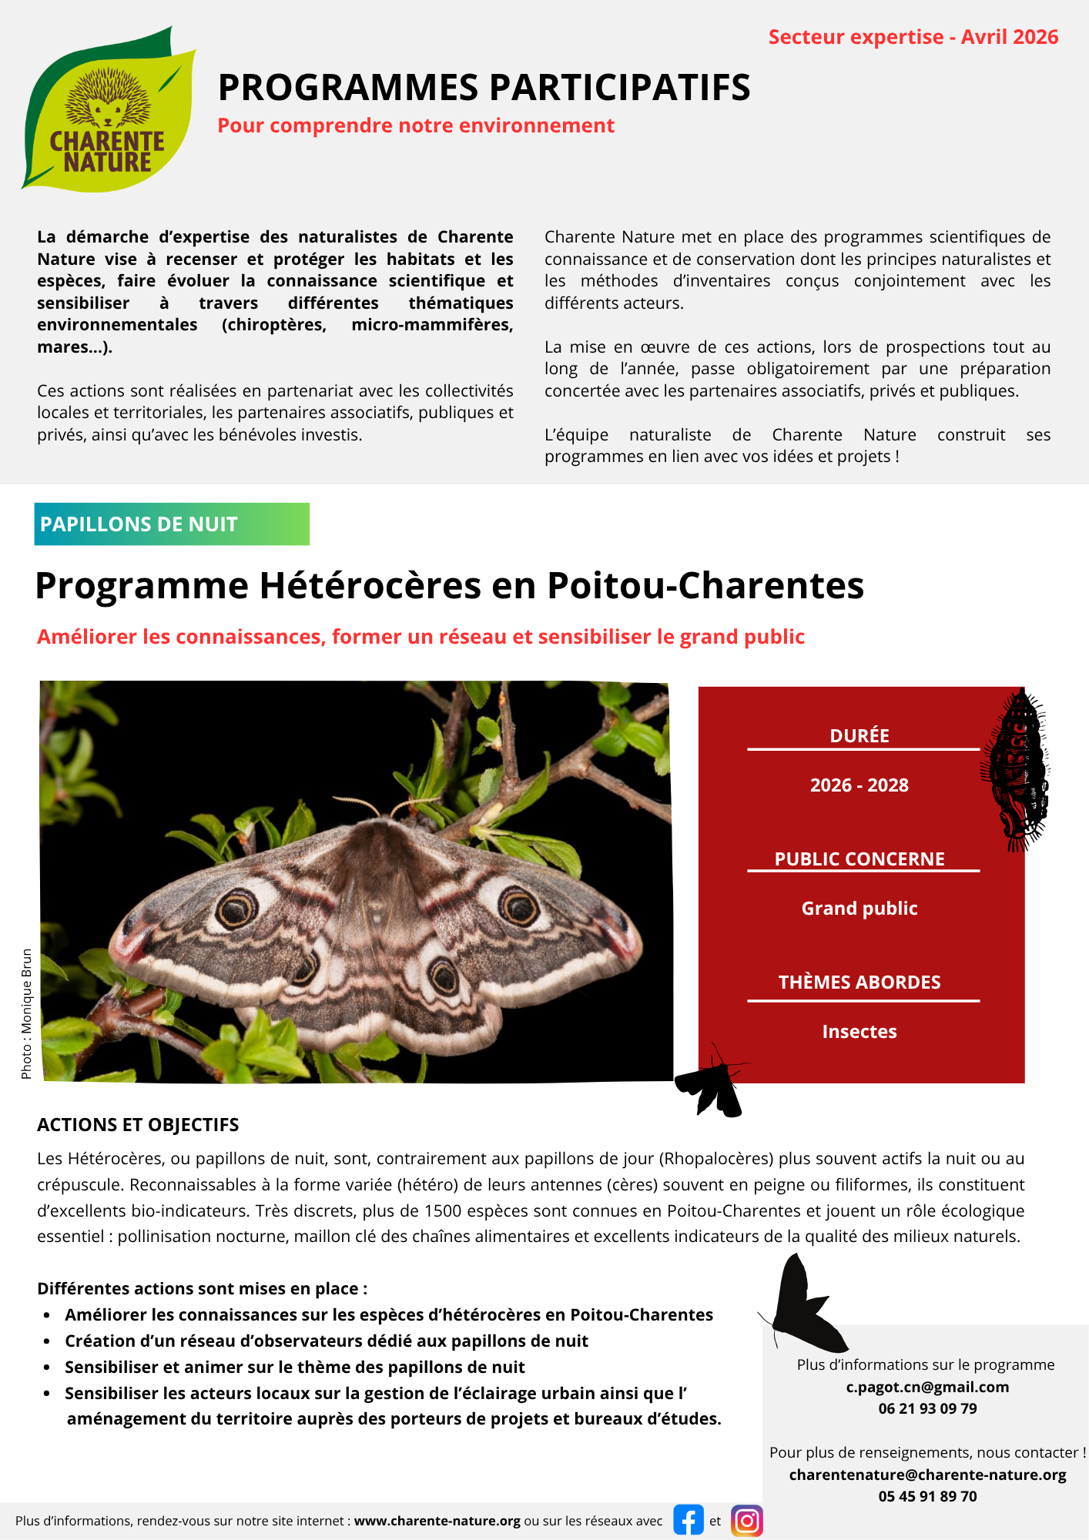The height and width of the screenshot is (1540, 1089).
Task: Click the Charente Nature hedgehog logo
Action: point(108,112)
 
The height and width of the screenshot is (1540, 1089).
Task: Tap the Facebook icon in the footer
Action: point(689,1520)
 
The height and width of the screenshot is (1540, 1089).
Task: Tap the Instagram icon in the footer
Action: point(746,1520)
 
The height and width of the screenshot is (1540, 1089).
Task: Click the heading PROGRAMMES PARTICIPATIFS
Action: point(484,88)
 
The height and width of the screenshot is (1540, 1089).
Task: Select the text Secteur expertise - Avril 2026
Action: point(913,37)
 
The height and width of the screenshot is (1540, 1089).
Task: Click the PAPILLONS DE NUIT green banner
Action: point(171,524)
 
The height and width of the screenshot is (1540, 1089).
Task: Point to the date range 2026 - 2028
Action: point(859,785)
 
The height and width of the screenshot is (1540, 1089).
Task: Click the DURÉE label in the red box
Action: point(859,736)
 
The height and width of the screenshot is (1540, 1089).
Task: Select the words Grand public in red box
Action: point(859,909)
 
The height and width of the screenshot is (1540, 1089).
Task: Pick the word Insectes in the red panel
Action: point(859,1032)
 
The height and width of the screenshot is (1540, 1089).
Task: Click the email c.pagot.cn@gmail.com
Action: point(927,1387)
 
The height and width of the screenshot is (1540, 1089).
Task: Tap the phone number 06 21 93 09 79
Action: point(927,1408)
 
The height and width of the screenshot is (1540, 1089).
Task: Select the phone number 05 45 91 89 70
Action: point(927,1496)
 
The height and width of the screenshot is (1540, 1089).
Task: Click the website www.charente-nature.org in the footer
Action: point(437,1521)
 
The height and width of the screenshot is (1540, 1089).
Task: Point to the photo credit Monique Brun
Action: point(27,1013)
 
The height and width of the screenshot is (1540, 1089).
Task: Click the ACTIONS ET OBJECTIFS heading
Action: point(138,1125)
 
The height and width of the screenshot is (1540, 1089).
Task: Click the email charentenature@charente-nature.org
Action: point(927,1475)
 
